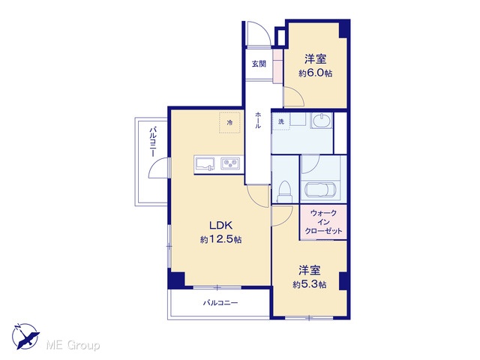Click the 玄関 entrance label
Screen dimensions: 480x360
[259, 64]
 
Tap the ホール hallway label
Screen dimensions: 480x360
[258, 120]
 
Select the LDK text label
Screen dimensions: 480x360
[220, 226]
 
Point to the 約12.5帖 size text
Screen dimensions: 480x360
[220, 239]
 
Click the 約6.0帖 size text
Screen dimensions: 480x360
[315, 73]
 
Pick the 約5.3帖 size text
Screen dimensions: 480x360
[310, 284]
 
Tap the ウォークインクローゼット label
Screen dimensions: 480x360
[323, 222]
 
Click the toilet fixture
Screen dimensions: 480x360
[285, 191]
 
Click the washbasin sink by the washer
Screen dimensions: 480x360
[322, 120]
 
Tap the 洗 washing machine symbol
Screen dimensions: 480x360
[281, 121]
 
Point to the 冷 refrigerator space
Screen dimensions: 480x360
[229, 122]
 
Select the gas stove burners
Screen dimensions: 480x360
[231, 163]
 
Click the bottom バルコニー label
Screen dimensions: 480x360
[220, 303]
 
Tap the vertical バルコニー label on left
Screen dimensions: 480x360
[153, 142]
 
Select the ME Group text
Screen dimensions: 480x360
[73, 346]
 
